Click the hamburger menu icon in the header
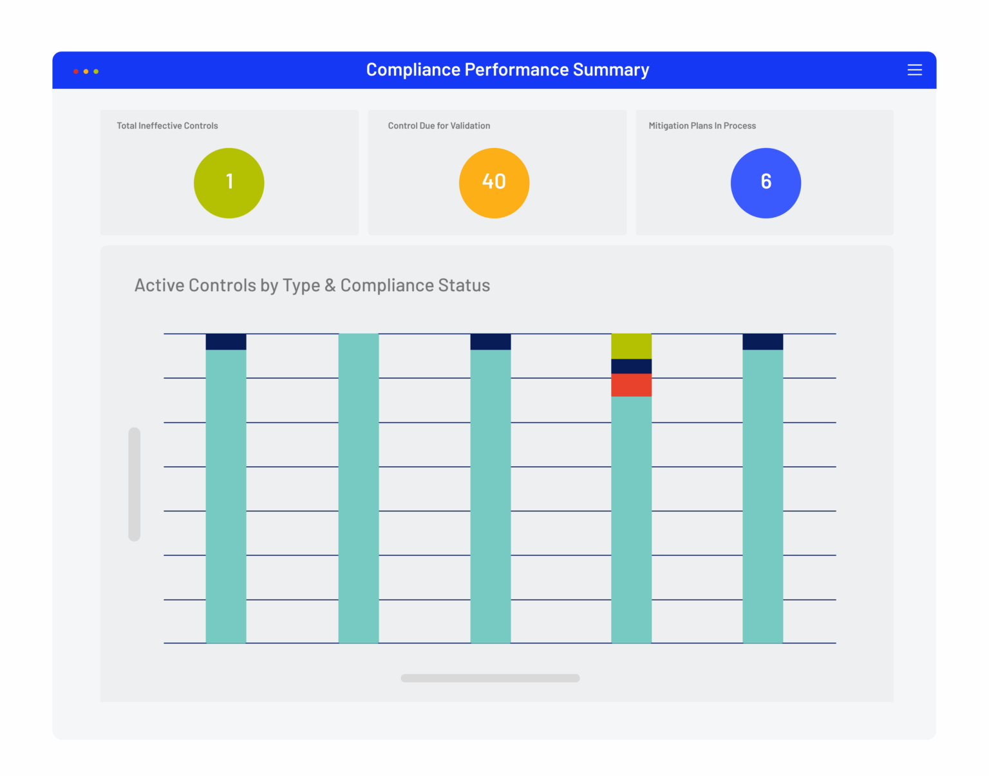[x=914, y=70]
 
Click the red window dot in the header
[x=76, y=71]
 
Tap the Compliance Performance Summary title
[x=507, y=70]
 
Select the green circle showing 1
[x=229, y=183]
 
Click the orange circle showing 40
[x=494, y=183]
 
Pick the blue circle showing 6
[x=766, y=183]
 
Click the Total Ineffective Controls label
[x=167, y=126]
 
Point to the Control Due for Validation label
[x=439, y=126]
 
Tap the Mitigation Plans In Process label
[x=702, y=126]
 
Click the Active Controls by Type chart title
[x=312, y=285]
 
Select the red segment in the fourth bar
[x=631, y=385]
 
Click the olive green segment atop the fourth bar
[x=631, y=346]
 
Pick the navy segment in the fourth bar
[x=631, y=366]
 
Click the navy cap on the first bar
[x=226, y=342]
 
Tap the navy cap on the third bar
[x=491, y=342]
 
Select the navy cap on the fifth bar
[x=762, y=342]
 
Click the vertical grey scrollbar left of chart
[x=135, y=484]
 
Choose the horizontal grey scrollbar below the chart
[x=490, y=678]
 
